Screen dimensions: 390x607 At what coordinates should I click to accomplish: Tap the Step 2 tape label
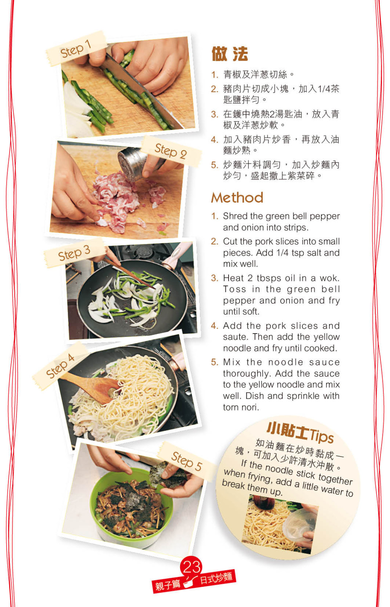coord(171,151)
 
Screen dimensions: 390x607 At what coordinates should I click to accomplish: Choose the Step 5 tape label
coord(187,461)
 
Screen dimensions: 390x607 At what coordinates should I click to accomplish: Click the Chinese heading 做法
coord(230,54)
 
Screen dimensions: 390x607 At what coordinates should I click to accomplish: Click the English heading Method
coord(237,198)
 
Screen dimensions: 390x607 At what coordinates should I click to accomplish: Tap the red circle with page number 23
coord(191,566)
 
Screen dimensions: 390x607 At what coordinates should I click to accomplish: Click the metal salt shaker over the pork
coord(133,164)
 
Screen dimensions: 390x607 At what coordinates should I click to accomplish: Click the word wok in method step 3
coord(329,278)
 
